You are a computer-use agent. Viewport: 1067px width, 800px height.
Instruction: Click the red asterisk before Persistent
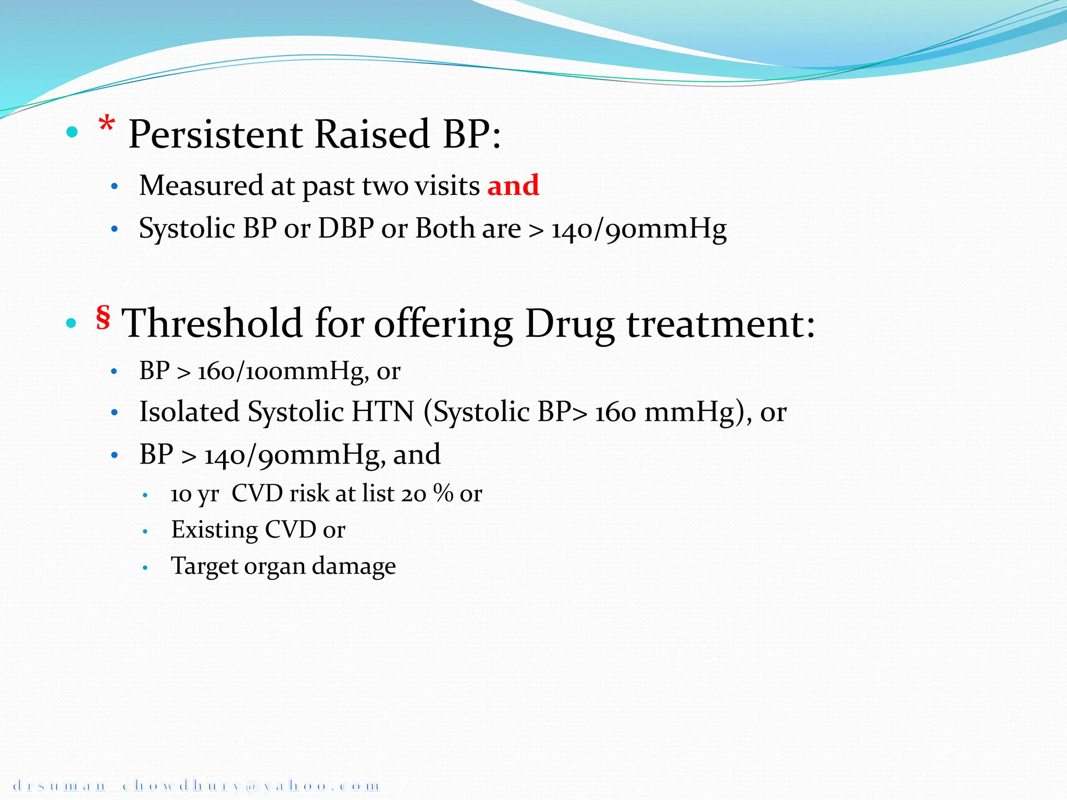pyautogui.click(x=107, y=126)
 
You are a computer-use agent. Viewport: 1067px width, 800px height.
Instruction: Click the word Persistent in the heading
pyautogui.click(x=215, y=134)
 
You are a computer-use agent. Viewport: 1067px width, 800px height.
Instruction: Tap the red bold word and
pyautogui.click(x=513, y=185)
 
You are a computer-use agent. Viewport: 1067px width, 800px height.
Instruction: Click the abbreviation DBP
pyautogui.click(x=345, y=229)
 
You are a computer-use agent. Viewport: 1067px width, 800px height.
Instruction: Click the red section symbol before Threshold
pyautogui.click(x=103, y=317)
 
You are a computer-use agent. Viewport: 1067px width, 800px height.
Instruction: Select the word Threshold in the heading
pyautogui.click(x=212, y=323)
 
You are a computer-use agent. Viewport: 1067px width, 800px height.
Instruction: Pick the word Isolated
pyautogui.click(x=189, y=411)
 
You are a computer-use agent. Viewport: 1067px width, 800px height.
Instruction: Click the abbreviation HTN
pyautogui.click(x=382, y=411)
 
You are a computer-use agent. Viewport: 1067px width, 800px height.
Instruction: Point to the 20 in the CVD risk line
pyautogui.click(x=414, y=493)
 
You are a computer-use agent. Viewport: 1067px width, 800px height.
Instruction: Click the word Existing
pyautogui.click(x=214, y=530)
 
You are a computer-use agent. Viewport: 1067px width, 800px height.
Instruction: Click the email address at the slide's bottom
pyautogui.click(x=195, y=785)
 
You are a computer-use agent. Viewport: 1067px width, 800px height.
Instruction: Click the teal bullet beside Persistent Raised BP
pyautogui.click(x=72, y=132)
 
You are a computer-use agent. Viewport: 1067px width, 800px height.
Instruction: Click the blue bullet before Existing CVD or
pyautogui.click(x=145, y=532)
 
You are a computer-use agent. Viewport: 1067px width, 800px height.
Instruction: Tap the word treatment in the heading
pyautogui.click(x=719, y=323)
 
